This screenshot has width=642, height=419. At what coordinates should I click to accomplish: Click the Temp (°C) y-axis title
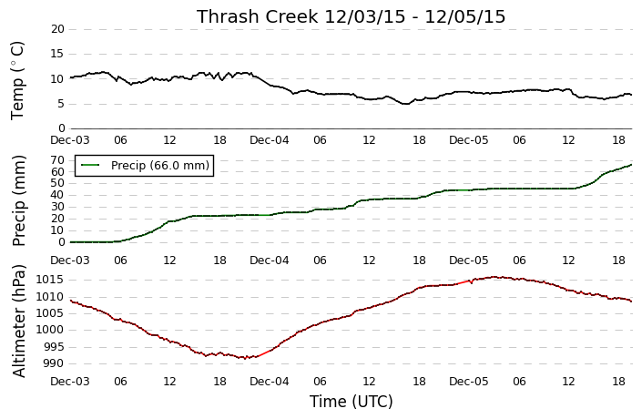pos(17,81)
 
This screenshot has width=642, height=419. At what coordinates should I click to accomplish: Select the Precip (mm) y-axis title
pos(18,200)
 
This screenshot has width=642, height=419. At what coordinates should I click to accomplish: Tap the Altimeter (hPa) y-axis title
pos(19,322)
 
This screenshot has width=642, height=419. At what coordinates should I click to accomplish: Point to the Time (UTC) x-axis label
pos(351,402)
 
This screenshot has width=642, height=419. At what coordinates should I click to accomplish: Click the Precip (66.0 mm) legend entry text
pos(160,166)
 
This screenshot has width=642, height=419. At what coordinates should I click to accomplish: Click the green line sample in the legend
pos(90,165)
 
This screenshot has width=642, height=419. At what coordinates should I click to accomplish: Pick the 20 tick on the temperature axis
pos(58,29)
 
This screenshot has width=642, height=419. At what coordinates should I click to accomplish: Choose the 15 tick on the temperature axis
pos(58,54)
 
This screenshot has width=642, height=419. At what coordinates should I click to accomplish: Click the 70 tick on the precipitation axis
pos(58,160)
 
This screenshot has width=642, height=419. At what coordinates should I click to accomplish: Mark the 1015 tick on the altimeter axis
pos(49,281)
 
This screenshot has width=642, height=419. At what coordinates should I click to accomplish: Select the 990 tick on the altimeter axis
pos(53,363)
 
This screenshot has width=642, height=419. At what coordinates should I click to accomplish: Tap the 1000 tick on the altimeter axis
pos(49,330)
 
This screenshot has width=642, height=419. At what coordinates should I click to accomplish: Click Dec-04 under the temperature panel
pos(269,140)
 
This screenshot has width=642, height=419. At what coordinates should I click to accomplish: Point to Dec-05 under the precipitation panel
pos(468,261)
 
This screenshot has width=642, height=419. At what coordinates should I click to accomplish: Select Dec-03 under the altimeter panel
pos(69,382)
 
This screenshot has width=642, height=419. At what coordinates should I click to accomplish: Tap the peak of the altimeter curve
pos(494,277)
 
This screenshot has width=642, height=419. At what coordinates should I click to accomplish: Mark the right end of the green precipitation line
pos(631,165)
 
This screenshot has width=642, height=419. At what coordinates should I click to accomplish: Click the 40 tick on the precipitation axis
pos(58,195)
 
